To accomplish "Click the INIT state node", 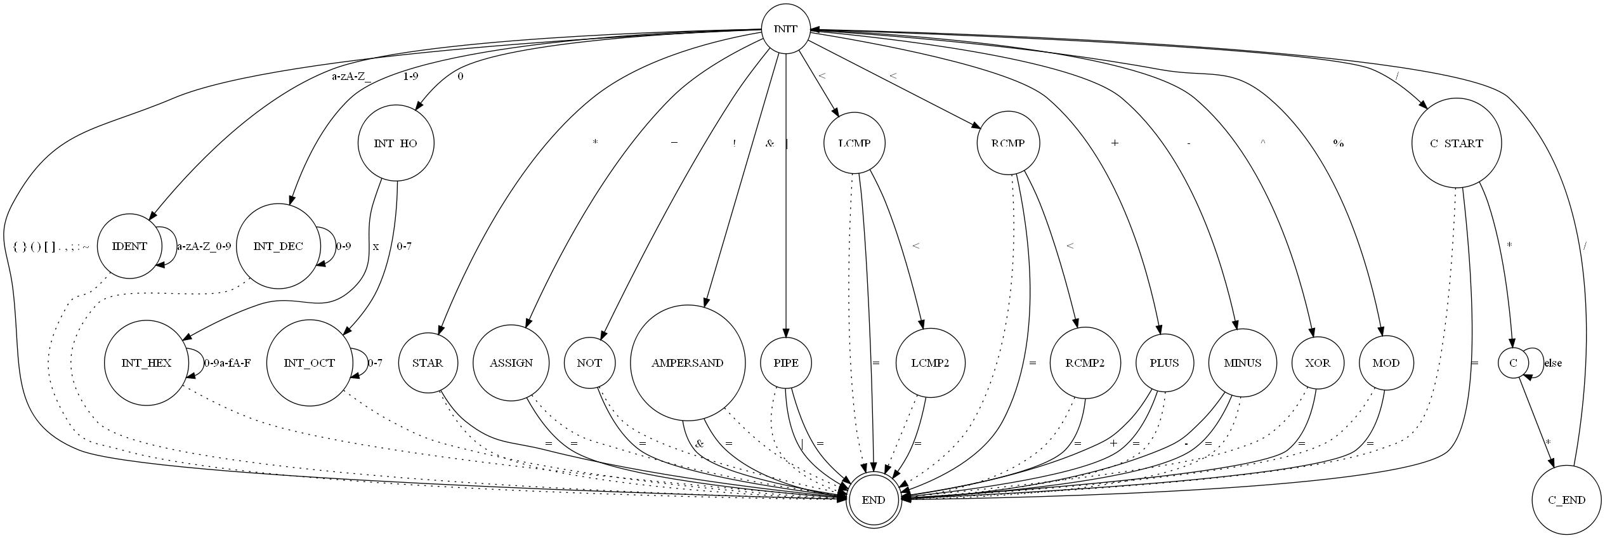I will tap(785, 29).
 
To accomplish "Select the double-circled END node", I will tap(874, 500).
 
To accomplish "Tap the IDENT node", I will tap(129, 246).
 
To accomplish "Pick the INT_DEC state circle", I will tap(278, 246).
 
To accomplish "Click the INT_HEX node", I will tap(147, 363).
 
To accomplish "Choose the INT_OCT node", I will tap(309, 363).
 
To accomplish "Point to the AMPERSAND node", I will tap(687, 363).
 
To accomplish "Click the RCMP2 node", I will tap(1085, 363).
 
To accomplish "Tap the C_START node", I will tap(1457, 143).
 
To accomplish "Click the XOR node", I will tap(1313, 363).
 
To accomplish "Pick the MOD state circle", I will tap(1386, 363).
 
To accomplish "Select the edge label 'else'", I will tap(1553, 364).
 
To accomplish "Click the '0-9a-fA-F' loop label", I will tap(227, 364).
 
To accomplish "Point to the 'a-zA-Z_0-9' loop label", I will tap(204, 247).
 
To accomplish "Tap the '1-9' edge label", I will tap(410, 76).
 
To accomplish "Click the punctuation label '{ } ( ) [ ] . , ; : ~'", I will tap(51, 247).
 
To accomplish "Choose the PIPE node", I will tap(786, 363).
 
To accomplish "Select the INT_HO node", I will tap(396, 143).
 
